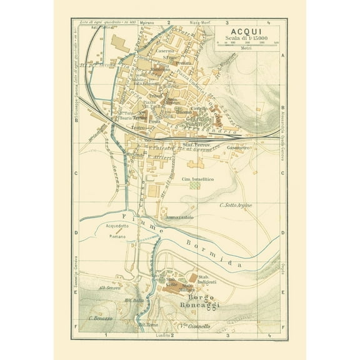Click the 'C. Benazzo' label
(101, 318)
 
